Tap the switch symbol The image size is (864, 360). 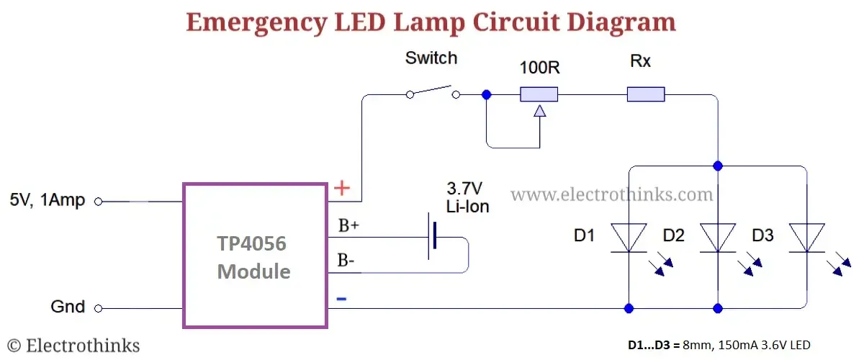point(433,93)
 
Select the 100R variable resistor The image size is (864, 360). point(539,94)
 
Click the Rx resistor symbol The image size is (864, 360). point(645,94)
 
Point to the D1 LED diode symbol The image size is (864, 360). point(629,238)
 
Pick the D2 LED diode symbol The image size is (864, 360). point(717,238)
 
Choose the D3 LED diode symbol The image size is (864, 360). point(806,238)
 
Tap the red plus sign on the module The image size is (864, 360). point(343,189)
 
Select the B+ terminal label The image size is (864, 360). point(348,225)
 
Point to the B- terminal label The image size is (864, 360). point(346,261)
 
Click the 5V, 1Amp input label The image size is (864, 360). point(48,201)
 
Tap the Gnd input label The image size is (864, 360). point(68,307)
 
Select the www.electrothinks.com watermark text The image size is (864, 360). point(612,194)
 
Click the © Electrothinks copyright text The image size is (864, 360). point(73,346)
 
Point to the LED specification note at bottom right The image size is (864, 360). point(719,345)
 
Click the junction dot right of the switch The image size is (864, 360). point(487,94)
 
